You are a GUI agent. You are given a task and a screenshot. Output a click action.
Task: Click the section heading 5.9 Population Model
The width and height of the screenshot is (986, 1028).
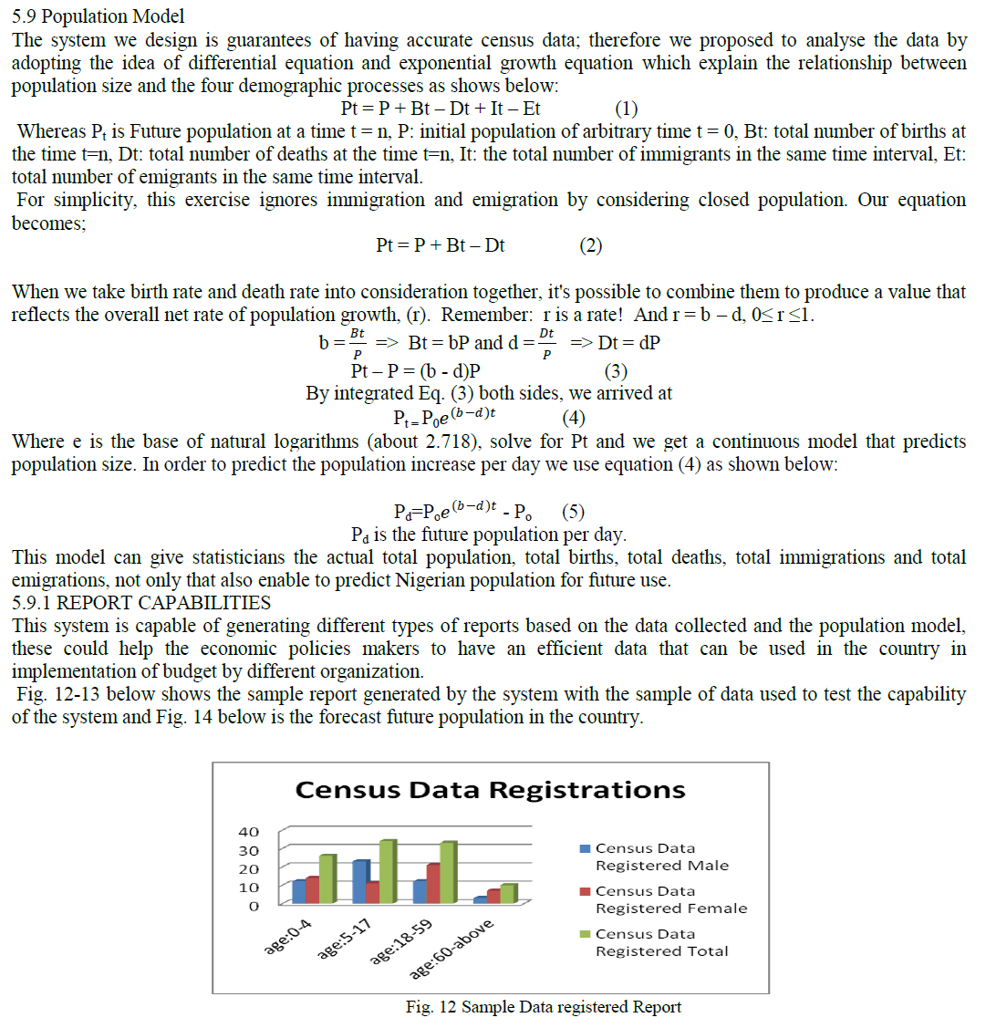click(x=98, y=16)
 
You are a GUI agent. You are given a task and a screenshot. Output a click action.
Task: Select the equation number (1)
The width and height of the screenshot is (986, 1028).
click(x=627, y=109)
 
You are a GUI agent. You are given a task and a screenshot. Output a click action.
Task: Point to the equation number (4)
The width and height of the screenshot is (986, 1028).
click(x=574, y=418)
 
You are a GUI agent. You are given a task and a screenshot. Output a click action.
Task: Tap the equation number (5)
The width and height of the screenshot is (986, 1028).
click(x=574, y=511)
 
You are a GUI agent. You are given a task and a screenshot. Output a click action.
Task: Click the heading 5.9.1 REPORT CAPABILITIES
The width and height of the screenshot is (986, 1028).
click(x=141, y=603)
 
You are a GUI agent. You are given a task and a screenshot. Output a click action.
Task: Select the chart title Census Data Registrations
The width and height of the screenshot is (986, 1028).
click(x=490, y=790)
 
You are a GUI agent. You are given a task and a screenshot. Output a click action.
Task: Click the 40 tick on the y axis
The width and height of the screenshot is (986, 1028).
click(x=248, y=832)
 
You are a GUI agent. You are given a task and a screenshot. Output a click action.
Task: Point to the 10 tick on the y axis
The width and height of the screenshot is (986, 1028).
click(x=248, y=888)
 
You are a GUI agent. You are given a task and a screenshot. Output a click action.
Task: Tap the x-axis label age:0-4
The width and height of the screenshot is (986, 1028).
click(x=288, y=938)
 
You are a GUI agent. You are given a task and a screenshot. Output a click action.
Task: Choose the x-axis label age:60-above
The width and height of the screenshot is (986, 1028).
click(x=451, y=950)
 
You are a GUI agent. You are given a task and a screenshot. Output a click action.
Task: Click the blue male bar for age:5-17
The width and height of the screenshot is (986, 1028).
click(x=360, y=881)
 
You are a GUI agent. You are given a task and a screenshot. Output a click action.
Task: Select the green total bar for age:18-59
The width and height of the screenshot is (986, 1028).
click(x=448, y=872)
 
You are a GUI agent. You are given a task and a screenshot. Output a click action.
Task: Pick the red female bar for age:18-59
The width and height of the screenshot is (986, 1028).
click(x=433, y=883)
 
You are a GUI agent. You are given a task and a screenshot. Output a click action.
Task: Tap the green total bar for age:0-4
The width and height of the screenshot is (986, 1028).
click(x=327, y=879)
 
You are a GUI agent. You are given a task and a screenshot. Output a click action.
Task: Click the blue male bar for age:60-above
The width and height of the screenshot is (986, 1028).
click(x=480, y=899)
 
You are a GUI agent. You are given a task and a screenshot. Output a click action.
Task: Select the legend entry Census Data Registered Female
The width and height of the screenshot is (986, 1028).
click(x=670, y=899)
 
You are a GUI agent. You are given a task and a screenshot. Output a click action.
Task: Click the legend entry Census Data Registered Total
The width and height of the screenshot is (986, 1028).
click(x=661, y=942)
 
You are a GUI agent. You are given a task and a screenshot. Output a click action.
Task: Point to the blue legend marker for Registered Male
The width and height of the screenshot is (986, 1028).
click(x=586, y=848)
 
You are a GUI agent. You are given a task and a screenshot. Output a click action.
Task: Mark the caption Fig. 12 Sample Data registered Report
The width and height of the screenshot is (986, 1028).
click(x=544, y=1007)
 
